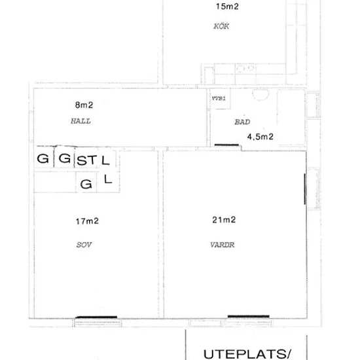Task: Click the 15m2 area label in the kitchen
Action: click(227, 7)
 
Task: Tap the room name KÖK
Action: click(221, 26)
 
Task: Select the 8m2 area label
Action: click(84, 105)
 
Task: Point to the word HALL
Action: click(81, 121)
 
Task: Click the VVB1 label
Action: click(219, 98)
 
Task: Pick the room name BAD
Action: click(242, 122)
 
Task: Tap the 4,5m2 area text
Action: click(260, 137)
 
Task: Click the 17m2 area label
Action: click(87, 221)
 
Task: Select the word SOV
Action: click(84, 245)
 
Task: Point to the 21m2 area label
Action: click(224, 220)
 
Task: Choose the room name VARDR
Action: click(223, 245)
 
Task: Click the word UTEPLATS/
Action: click(247, 354)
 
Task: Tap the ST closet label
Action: click(86, 160)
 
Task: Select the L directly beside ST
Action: click(105, 160)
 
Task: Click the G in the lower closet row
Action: click(86, 184)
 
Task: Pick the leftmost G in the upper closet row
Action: click(43, 158)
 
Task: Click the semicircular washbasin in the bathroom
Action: click(261, 95)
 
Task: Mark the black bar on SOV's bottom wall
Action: click(96, 317)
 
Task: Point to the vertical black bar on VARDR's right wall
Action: click(305, 189)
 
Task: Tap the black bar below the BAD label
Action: click(226, 145)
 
